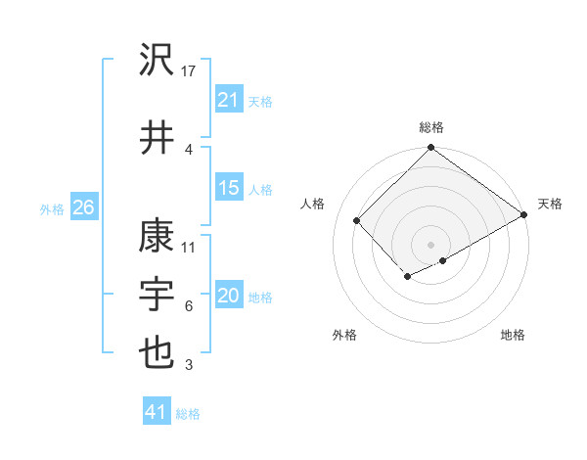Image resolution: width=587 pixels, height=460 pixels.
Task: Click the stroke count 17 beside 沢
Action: click(190, 71)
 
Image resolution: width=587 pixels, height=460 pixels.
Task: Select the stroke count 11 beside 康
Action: click(190, 247)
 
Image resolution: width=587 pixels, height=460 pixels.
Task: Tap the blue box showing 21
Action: click(228, 99)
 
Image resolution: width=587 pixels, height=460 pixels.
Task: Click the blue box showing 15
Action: click(228, 188)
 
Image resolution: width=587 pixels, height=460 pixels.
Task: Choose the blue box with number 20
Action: click(228, 296)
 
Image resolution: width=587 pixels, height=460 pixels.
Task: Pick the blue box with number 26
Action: click(83, 207)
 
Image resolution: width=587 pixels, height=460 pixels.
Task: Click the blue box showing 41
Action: click(157, 412)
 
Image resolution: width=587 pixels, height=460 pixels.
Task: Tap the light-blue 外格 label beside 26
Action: click(52, 208)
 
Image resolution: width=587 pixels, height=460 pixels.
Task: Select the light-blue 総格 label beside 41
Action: click(188, 414)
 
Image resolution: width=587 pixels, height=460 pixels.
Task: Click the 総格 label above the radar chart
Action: click(430, 127)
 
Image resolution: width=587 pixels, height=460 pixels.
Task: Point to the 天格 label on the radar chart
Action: click(550, 204)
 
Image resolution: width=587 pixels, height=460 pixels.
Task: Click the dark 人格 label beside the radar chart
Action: click(313, 204)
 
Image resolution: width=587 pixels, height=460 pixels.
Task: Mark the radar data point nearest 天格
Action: click(524, 216)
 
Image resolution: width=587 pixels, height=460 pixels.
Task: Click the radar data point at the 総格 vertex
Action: click(430, 149)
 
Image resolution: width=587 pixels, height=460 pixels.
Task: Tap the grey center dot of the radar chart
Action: click(430, 243)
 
